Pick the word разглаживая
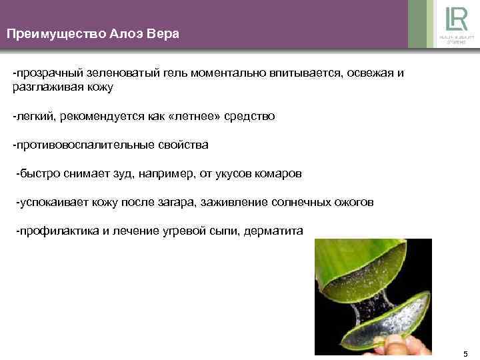pyautogui.click(x=45, y=87)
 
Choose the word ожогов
pyautogui.click(x=351, y=203)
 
